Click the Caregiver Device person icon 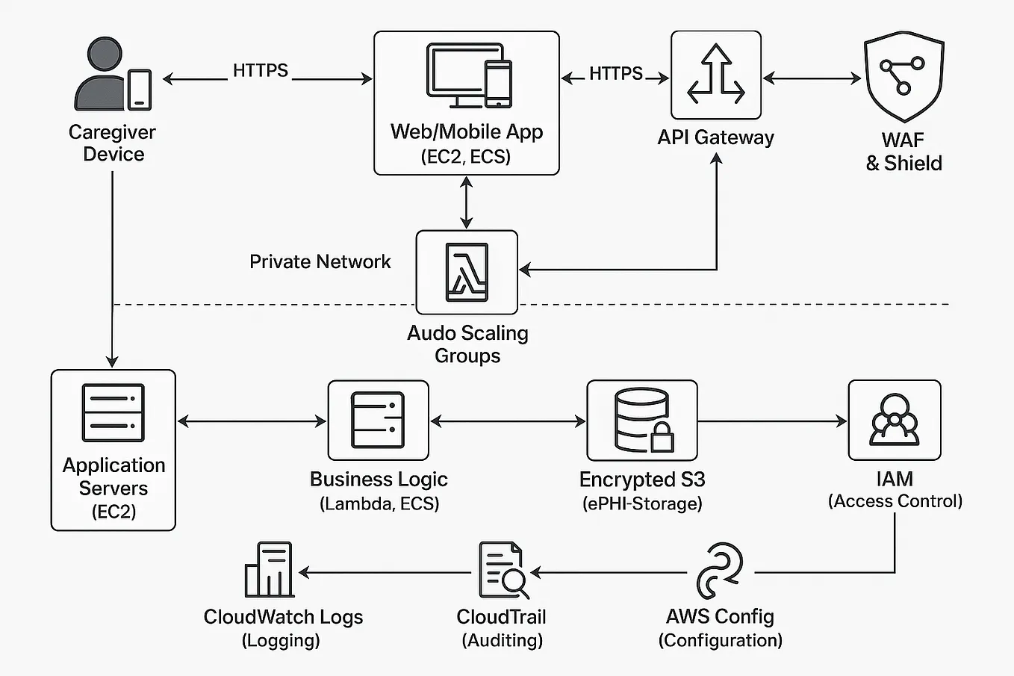click(105, 75)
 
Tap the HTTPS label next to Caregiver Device click(260, 71)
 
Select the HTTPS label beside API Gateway click(615, 73)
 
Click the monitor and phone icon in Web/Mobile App click(468, 75)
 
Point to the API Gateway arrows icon click(715, 74)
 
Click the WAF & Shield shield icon click(903, 78)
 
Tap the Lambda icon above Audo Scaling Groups click(467, 272)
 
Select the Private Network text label click(320, 261)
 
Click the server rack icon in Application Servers click(113, 413)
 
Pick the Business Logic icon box click(379, 421)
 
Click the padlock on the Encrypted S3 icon click(662, 438)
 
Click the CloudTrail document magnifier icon click(503, 571)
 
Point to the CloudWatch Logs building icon click(269, 570)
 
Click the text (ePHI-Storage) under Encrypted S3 click(642, 503)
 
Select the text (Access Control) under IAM click(895, 501)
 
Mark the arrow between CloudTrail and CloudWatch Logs click(385, 573)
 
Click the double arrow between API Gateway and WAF click(812, 78)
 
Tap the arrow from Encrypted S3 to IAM click(772, 421)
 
